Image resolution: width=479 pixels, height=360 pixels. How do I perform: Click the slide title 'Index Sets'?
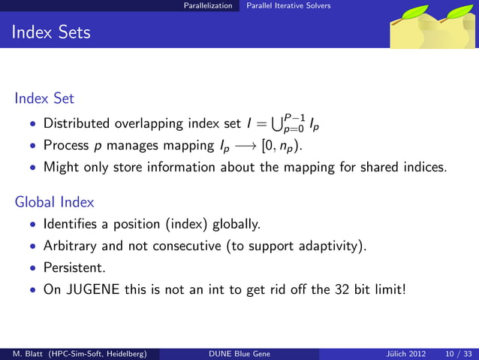(51, 32)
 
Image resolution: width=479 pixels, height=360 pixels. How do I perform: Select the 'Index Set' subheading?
(44, 98)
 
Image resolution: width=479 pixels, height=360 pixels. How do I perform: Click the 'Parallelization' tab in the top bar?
(210, 5)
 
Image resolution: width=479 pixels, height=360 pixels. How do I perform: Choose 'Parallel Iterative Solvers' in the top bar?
(283, 5)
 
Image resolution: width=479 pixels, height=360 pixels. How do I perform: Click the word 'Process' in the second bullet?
(66, 145)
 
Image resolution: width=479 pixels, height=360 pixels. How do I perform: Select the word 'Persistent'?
(74, 266)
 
